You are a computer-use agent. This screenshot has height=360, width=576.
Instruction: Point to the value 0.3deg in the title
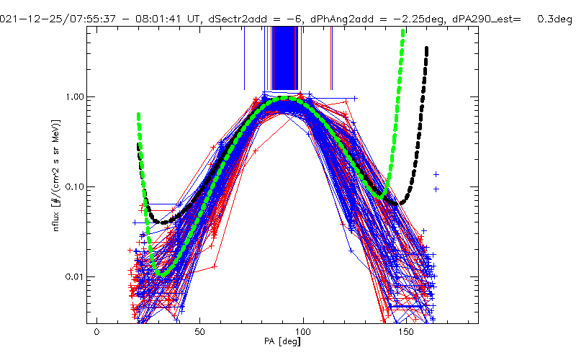[x=554, y=19]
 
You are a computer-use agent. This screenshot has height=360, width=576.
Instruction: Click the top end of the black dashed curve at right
[x=427, y=48]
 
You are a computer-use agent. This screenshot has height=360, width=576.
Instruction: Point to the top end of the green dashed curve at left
[x=138, y=114]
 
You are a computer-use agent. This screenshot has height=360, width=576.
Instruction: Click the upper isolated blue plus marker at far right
[x=436, y=174]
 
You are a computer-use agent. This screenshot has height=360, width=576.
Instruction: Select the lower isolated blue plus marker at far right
[x=436, y=189]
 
